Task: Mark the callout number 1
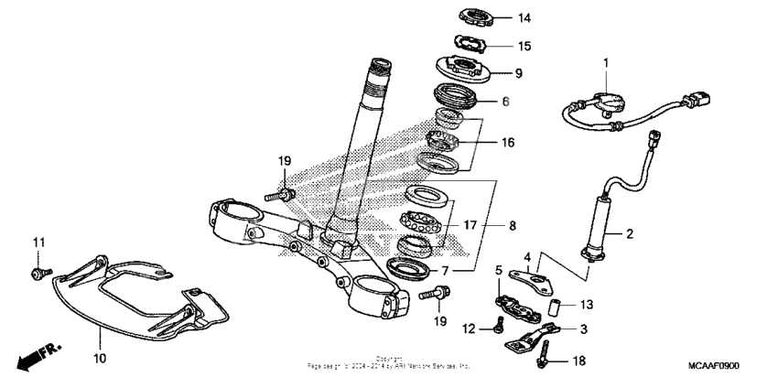[605, 62]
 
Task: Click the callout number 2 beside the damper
[630, 234]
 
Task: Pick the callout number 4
[527, 258]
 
